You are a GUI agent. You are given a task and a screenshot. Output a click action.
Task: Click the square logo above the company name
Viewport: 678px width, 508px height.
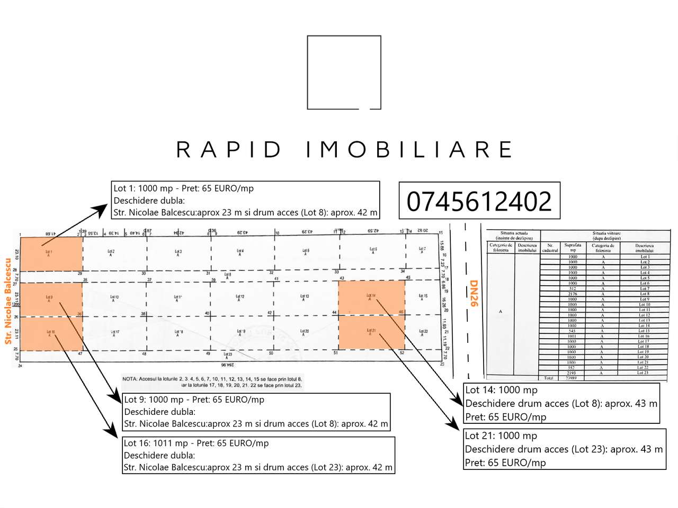(344, 72)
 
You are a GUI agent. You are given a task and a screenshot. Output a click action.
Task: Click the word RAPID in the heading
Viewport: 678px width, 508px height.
(229, 149)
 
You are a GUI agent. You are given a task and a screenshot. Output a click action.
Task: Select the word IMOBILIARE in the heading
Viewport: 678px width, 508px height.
(409, 149)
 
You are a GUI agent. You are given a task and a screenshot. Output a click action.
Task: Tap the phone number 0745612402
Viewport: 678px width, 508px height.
(479, 201)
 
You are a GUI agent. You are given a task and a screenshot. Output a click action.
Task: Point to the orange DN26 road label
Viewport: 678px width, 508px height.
(474, 293)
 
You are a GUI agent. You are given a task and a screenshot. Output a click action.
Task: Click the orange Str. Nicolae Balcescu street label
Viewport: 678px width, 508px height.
(8, 301)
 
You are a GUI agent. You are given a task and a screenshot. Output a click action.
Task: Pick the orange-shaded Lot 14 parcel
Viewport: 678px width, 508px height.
(372, 297)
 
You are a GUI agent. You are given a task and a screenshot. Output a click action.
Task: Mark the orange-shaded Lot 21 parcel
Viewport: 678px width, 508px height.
(372, 332)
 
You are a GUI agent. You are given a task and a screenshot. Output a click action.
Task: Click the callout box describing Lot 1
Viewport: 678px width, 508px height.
(246, 200)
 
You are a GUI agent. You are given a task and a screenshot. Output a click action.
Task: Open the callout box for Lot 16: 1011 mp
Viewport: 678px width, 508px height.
(258, 455)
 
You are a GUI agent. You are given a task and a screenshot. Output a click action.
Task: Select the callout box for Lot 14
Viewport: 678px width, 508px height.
(561, 403)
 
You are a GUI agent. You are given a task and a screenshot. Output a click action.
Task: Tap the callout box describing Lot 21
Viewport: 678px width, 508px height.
(564, 449)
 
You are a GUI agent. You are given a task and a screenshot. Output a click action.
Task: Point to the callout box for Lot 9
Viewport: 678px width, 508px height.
(256, 412)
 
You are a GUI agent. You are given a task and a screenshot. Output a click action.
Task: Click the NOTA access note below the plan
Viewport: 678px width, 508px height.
(212, 382)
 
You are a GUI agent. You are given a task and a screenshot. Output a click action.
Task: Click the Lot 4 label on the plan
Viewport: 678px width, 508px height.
(240, 251)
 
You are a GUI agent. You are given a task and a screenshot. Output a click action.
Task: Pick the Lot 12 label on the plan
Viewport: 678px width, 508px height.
(240, 297)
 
